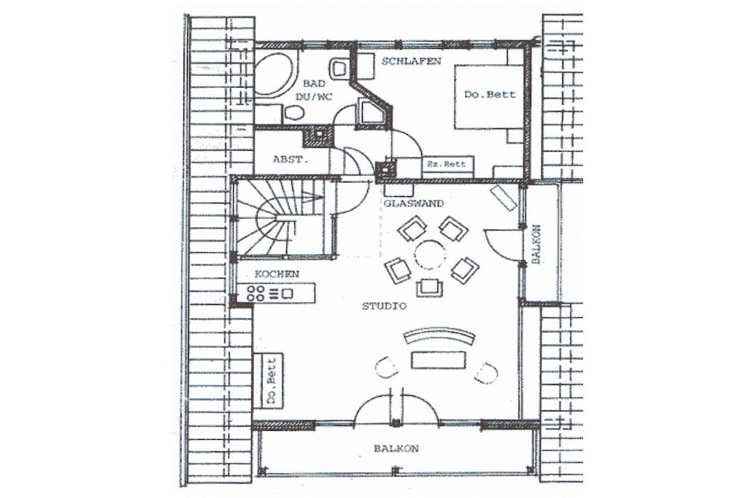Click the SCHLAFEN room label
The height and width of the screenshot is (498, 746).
coord(411,61)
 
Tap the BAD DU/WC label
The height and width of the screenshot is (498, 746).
coord(314,90)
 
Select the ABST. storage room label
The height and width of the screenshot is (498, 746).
coord(290,160)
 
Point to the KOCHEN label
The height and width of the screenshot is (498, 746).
coord(277,274)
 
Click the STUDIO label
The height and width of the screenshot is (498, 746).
coord(385,306)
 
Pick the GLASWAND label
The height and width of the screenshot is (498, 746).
coord(414,203)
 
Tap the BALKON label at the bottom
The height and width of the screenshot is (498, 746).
coord(396,448)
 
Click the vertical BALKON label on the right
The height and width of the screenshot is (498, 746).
coord(536,244)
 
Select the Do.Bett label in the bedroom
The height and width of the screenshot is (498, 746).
coord(490,94)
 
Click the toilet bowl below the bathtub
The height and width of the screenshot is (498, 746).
coord(294,114)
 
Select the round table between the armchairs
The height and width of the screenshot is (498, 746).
coord(430,254)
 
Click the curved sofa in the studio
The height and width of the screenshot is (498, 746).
coord(439,335)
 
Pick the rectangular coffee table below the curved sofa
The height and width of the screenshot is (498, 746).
coord(438,360)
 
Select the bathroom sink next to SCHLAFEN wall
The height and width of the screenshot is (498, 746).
coord(339,68)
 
